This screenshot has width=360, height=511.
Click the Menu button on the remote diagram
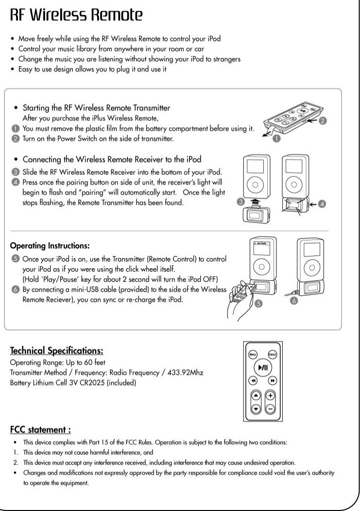click(x=253, y=355)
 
